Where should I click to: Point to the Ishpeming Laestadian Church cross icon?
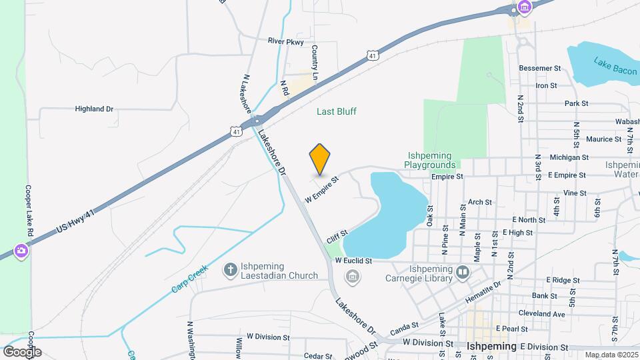[231, 269]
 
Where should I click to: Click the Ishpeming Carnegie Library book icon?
[463, 272]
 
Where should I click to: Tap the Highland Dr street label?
[94, 109]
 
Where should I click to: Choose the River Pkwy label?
[285, 41]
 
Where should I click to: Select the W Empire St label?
[323, 189]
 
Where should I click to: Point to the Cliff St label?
[337, 237]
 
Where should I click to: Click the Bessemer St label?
[539, 68]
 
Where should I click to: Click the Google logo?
[22, 351]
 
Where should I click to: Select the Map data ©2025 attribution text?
[611, 355]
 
